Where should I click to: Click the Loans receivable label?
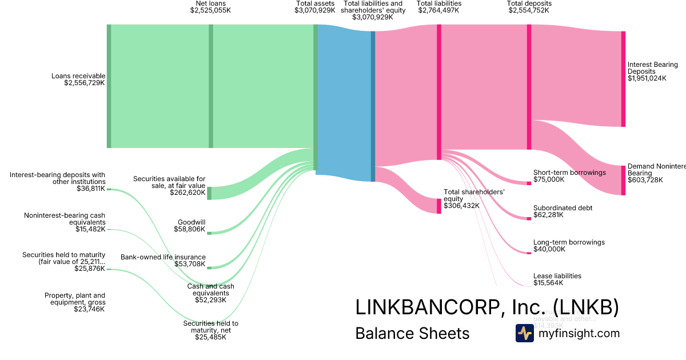[78, 75]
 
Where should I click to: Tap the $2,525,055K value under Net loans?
[210, 10]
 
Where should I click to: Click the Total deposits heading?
[529, 3]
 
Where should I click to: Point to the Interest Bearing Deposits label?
[652, 68]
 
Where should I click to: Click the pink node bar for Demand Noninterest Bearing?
[623, 180]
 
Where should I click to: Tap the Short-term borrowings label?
[569, 172]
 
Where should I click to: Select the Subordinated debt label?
[563, 208]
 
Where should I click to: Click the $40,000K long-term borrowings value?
[549, 249]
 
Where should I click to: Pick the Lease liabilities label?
[557, 276]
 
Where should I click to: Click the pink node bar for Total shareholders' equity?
[439, 206]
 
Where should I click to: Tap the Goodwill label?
[192, 222]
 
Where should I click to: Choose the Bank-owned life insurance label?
[163, 257]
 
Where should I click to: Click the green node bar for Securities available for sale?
[209, 193]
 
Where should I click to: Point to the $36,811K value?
[91, 188]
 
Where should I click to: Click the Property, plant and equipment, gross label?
[75, 299]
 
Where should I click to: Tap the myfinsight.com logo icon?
[524, 333]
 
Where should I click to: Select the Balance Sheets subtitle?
[412, 333]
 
